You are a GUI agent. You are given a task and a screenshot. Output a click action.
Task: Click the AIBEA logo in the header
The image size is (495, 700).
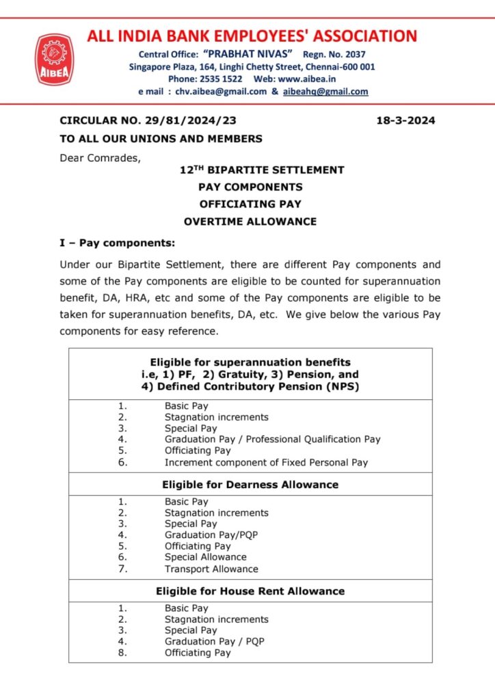pos(54,60)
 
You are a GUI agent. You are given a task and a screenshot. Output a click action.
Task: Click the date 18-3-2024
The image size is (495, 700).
pos(405,121)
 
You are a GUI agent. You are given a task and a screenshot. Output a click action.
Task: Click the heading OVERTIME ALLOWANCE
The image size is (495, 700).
pos(250,221)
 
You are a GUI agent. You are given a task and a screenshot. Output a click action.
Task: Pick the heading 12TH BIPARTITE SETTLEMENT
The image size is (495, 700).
pos(250,170)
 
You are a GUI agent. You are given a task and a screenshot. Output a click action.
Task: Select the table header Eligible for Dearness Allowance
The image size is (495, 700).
pos(250,484)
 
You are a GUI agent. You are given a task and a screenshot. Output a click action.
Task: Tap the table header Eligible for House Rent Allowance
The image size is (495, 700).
pos(250,591)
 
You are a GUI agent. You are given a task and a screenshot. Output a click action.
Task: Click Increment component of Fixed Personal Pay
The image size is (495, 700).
pos(266,462)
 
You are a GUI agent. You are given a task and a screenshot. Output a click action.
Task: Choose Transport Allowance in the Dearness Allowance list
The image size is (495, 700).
pos(211,569)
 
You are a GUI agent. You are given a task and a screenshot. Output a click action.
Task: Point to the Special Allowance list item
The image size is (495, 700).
pos(205,557)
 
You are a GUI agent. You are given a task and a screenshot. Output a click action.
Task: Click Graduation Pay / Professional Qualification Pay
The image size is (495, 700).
pos(272,440)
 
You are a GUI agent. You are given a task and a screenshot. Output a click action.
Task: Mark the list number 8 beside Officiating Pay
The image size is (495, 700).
pos(122,653)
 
